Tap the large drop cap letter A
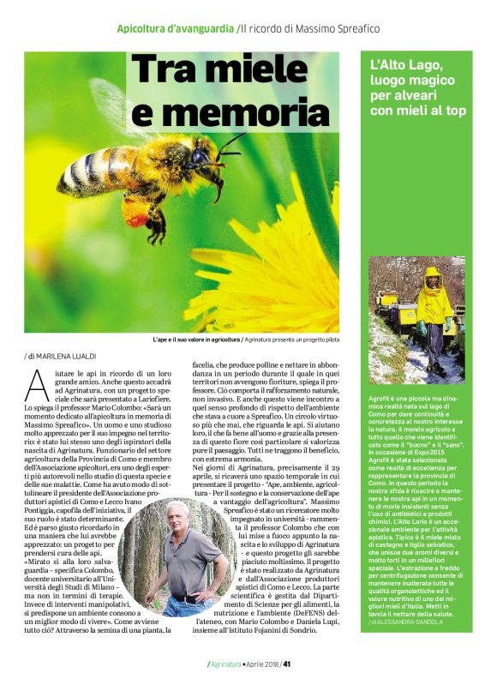36,385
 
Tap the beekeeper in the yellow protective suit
434,300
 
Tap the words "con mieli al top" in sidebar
418,111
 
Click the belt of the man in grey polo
185,597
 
